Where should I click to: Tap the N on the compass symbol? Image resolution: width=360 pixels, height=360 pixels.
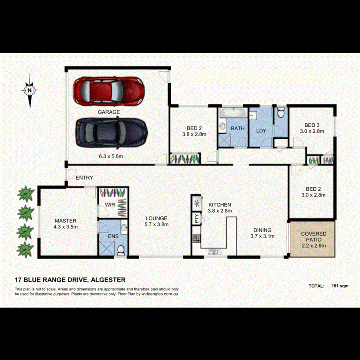point(30,90)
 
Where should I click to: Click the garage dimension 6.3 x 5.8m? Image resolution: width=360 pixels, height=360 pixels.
point(109,156)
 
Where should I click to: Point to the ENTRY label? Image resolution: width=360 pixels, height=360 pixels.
point(84,178)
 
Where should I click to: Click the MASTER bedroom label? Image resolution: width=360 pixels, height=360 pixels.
point(66,221)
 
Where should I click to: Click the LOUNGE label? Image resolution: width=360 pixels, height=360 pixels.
point(156,218)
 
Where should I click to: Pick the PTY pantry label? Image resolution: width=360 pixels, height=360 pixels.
point(196,219)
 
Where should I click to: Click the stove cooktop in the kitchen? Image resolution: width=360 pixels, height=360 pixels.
point(196,239)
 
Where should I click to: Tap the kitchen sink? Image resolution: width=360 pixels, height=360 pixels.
point(213,252)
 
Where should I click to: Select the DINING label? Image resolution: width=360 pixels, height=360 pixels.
point(262,230)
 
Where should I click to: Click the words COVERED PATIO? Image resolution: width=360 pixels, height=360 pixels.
point(314,236)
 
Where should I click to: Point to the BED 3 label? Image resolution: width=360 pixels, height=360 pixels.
point(310,125)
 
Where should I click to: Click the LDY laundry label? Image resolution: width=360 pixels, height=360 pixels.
point(261,131)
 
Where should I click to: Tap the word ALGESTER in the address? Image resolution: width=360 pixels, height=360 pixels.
point(109,280)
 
